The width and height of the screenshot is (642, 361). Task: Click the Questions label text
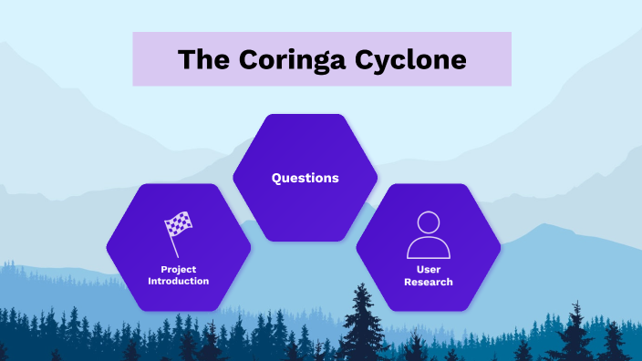305,178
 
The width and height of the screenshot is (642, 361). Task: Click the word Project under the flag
179,270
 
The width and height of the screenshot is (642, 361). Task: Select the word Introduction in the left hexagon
179,281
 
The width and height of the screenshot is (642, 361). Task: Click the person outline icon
429,234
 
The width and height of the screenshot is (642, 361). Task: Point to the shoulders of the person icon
429,247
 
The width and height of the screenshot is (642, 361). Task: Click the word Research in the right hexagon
429,282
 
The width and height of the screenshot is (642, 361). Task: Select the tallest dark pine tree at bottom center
364,324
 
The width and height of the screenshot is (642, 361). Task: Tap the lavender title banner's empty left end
151,59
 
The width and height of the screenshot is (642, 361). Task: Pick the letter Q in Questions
276,178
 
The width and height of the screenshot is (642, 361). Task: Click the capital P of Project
164,270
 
